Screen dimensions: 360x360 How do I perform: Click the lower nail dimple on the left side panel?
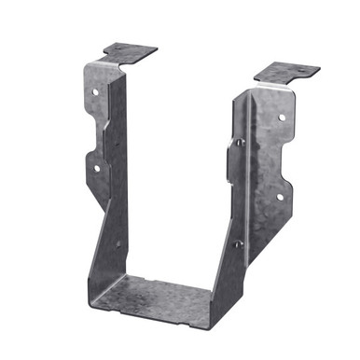coord(118,244)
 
